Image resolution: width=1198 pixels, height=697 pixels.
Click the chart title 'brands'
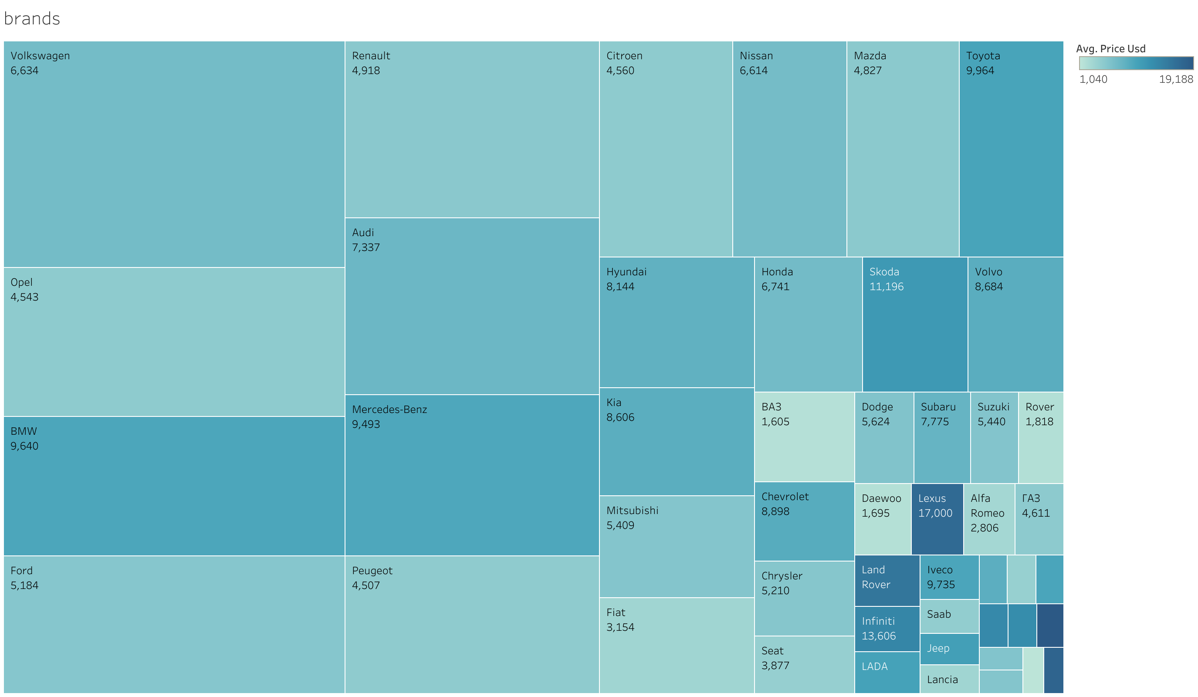click(x=32, y=19)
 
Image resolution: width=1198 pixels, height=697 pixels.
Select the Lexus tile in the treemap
click(x=937, y=519)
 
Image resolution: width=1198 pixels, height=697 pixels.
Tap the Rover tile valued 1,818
click(x=1041, y=437)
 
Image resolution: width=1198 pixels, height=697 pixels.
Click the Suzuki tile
click(x=994, y=437)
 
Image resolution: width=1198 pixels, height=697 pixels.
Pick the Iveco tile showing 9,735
click(x=949, y=577)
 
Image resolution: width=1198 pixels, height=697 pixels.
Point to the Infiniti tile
click(x=887, y=629)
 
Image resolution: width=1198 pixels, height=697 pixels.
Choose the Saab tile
click(x=949, y=616)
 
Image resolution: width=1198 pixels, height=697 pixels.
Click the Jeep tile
click(x=949, y=649)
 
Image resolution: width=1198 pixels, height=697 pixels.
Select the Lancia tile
click(x=949, y=680)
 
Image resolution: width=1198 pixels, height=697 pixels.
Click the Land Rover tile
click(x=887, y=581)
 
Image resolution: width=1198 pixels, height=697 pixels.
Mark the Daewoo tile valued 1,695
click(x=883, y=519)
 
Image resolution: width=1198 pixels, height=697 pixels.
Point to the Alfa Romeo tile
click(x=989, y=519)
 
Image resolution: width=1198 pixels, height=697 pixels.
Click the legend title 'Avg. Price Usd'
click(x=1110, y=48)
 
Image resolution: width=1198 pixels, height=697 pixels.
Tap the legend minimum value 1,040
click(x=1093, y=79)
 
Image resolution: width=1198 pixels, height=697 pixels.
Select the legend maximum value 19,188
click(x=1176, y=79)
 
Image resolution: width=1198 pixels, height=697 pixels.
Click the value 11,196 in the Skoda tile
click(x=886, y=287)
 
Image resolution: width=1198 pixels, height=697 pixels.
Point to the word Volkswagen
click(x=41, y=56)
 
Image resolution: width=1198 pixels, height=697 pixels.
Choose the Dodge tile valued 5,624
click(x=884, y=437)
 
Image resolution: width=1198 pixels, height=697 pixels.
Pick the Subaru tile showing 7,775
click(x=942, y=437)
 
